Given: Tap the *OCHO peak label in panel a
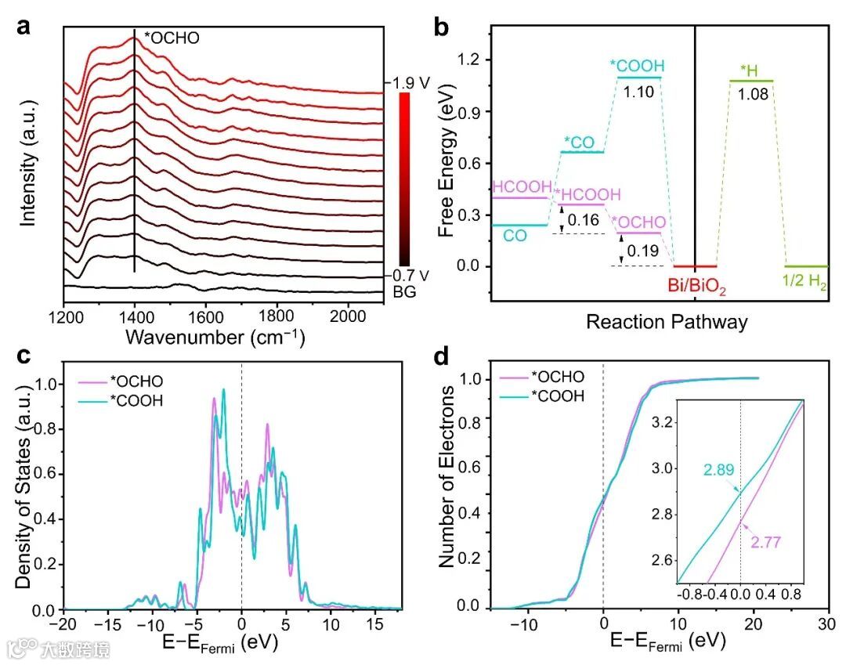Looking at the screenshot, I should point(172,36).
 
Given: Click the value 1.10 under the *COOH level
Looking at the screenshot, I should point(639,91).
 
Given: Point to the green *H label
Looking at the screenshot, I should point(750,70).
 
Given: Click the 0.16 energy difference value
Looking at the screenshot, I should point(584,220).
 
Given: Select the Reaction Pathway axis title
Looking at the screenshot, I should point(667,321).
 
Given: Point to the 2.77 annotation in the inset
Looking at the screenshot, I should point(768,540).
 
